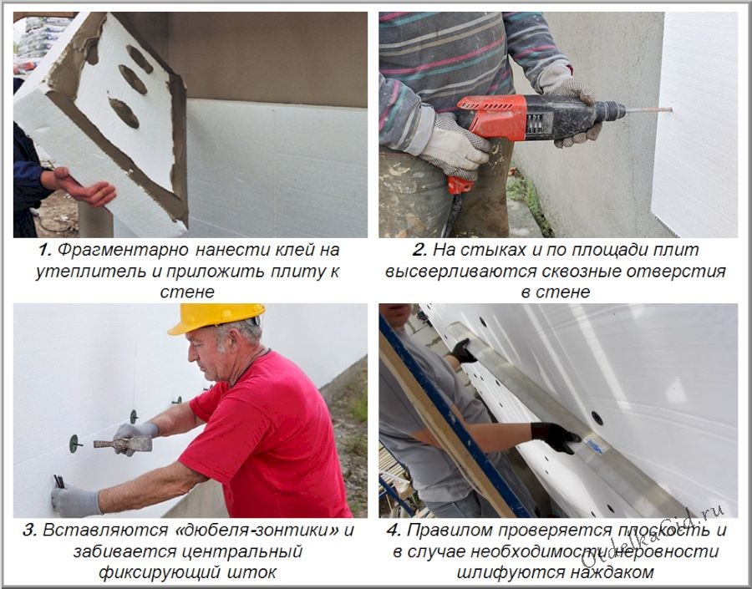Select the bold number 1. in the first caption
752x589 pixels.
pyautogui.click(x=44, y=249)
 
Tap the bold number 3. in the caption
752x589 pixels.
pyautogui.click(x=28, y=530)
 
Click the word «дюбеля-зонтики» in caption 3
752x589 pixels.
pyautogui.click(x=272, y=530)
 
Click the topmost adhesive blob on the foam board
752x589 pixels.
pyautogui.click(x=139, y=58)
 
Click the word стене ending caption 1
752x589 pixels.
pyautogui.click(x=187, y=292)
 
